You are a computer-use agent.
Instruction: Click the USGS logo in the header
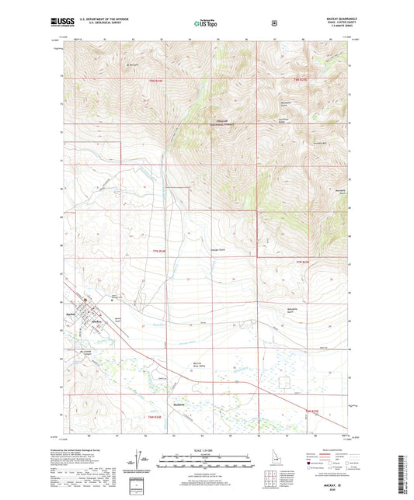click(60, 23)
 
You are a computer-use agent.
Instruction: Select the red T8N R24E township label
click(157, 80)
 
